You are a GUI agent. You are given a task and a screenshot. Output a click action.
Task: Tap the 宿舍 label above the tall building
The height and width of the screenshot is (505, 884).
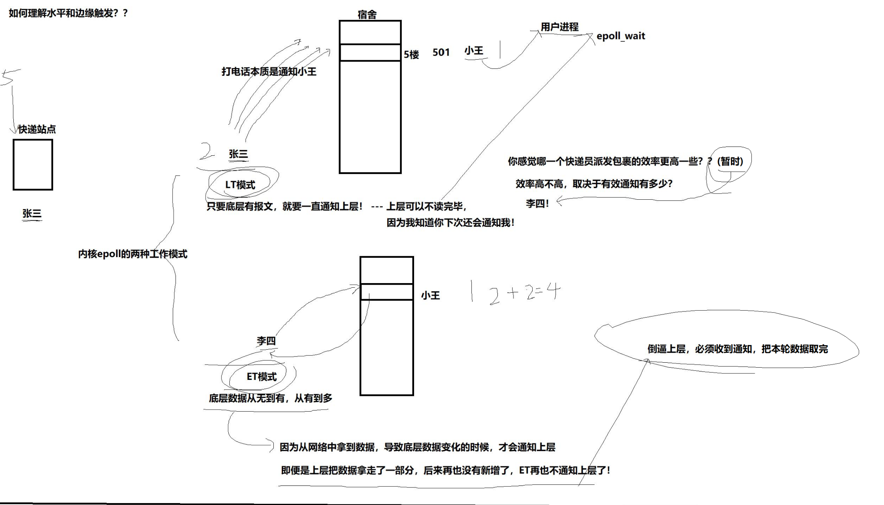367,15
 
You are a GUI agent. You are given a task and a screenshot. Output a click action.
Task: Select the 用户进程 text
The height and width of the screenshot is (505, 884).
559,27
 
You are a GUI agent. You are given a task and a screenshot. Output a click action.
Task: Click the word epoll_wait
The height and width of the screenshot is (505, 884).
621,36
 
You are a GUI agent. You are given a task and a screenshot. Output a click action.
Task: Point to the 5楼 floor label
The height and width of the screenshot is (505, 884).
411,55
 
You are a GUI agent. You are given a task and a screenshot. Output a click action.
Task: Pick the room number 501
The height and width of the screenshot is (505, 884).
441,52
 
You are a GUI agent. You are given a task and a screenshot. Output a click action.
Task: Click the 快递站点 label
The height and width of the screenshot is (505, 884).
37,129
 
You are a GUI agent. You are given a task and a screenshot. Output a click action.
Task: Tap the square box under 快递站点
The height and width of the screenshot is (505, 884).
33,165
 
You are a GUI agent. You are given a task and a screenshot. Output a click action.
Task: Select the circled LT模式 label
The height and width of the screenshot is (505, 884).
240,185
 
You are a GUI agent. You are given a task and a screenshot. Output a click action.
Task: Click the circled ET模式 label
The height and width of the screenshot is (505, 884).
262,377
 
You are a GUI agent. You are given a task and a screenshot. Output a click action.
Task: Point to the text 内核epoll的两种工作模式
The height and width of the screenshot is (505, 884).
133,254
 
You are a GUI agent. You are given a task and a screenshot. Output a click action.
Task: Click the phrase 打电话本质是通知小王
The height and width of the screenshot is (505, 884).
269,72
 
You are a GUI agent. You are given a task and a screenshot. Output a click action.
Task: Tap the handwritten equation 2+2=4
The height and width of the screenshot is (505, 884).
525,293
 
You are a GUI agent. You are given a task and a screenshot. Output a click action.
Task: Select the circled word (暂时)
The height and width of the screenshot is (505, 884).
730,161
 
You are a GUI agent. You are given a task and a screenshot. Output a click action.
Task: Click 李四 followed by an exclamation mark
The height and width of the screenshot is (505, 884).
537,204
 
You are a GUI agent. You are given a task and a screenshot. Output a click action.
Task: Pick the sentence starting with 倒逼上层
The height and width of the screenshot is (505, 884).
738,349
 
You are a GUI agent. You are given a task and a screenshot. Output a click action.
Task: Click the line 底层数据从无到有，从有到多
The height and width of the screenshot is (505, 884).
270,398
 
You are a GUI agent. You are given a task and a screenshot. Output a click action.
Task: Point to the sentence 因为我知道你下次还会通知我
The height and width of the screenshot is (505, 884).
450,223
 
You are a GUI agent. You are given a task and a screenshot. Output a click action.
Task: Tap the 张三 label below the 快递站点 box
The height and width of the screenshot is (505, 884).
32,213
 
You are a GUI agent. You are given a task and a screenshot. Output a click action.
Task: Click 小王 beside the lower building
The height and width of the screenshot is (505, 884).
431,295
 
